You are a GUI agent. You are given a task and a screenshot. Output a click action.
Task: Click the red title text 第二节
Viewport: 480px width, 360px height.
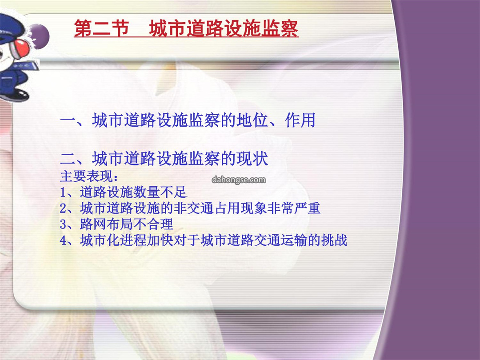coord(101,28)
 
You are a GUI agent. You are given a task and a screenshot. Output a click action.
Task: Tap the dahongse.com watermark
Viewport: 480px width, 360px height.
coord(239,180)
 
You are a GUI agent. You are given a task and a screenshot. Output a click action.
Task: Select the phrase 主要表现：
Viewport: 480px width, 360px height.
coord(89,176)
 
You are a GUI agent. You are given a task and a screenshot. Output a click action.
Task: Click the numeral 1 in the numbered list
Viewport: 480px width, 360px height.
coord(63,192)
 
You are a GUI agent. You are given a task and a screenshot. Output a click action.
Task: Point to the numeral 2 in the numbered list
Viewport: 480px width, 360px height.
coord(64,208)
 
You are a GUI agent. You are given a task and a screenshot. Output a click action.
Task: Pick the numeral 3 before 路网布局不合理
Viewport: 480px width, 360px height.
coord(64,224)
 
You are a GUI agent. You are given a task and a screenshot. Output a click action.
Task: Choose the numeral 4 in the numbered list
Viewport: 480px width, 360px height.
coord(64,240)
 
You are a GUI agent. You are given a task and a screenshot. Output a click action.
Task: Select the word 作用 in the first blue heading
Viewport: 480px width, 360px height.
coord(300,120)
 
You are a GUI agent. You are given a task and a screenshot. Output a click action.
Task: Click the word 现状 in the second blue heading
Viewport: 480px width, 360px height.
coord(253,159)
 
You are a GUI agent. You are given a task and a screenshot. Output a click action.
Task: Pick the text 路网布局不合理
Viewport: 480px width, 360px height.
coord(127,224)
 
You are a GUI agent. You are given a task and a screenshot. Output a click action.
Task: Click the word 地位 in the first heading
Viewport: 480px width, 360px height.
coord(252,120)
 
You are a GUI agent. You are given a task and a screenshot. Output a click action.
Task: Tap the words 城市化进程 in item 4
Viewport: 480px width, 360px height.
coord(113,240)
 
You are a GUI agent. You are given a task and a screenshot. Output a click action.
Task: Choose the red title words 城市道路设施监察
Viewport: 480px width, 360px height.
coord(224,28)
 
